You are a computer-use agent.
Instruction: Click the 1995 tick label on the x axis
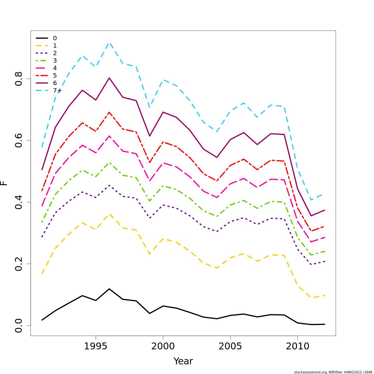(96, 346)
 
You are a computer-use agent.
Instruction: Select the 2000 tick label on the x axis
(163, 346)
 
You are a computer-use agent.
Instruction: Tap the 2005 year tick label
(230, 346)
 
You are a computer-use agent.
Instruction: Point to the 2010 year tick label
(297, 346)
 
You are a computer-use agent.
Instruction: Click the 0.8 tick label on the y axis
(19, 79)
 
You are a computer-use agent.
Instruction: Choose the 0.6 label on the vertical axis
(19, 141)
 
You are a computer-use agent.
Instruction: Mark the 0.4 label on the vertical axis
(19, 202)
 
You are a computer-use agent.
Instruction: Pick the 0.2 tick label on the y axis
(19, 264)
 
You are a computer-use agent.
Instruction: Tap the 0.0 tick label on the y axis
(19, 325)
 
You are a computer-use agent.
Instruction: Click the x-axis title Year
(183, 361)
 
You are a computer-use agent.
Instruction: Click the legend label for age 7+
(57, 91)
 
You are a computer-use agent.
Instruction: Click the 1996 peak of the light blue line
(109, 43)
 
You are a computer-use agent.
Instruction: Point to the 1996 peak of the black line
(109, 289)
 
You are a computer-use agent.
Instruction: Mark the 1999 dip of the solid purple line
(150, 136)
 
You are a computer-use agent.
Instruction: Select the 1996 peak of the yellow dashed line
(109, 214)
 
